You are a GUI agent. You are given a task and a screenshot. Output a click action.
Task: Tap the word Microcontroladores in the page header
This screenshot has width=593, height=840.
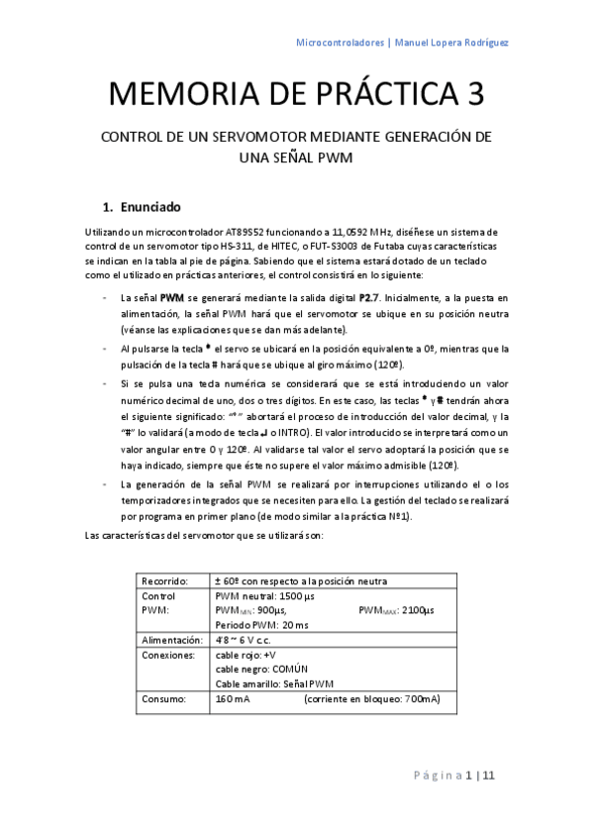341,43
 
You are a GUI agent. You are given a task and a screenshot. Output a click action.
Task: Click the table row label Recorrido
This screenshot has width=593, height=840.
165,580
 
